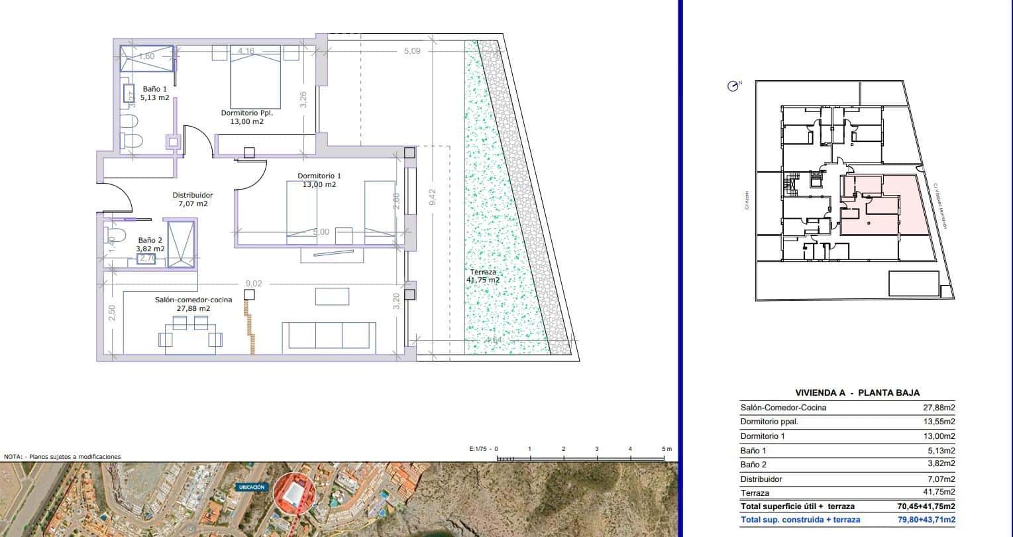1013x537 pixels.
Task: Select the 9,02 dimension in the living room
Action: pyautogui.click(x=254, y=284)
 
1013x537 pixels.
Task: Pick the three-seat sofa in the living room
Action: pyautogui.click(x=329, y=337)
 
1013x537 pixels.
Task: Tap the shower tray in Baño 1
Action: pyautogui.click(x=147, y=58)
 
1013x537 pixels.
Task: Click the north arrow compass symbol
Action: pyautogui.click(x=733, y=86)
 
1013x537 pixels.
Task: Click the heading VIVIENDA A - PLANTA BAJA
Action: pyautogui.click(x=857, y=392)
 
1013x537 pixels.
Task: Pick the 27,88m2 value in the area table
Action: pyautogui.click(x=939, y=408)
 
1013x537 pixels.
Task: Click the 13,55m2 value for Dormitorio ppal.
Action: pyautogui.click(x=939, y=422)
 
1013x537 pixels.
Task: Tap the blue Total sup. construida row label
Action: pyautogui.click(x=800, y=520)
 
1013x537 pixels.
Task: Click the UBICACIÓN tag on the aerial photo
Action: pyautogui.click(x=251, y=487)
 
